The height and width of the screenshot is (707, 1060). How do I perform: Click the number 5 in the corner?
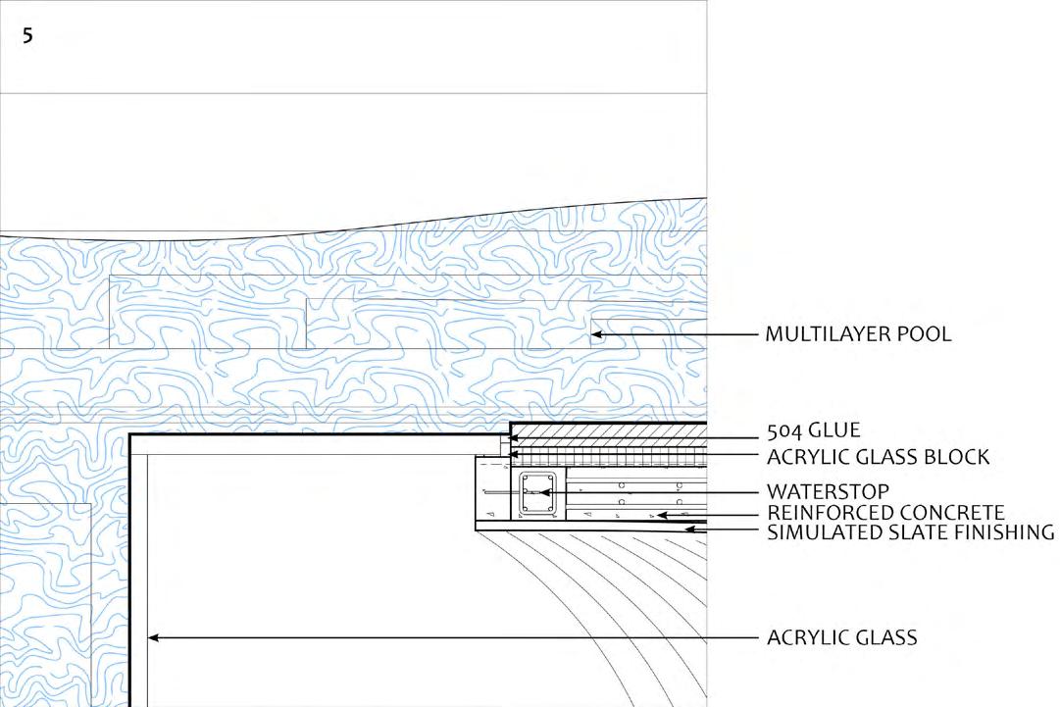tap(26, 37)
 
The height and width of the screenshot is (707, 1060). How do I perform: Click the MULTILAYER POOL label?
tap(859, 334)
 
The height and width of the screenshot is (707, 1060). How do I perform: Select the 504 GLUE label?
tap(814, 430)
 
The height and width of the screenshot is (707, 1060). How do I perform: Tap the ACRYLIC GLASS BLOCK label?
tap(879, 457)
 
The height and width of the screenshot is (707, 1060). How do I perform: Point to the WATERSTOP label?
tap(829, 491)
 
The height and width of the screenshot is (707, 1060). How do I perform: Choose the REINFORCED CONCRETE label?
tap(886, 513)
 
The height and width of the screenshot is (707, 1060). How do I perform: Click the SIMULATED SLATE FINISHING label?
tap(911, 532)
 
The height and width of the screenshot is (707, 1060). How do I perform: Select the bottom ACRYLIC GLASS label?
tap(842, 638)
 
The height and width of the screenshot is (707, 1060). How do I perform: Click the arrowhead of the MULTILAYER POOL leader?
tap(595, 335)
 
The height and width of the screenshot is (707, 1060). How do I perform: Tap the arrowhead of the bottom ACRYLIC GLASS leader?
tap(153, 638)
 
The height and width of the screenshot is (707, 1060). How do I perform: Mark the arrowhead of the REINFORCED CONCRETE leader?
tap(662, 514)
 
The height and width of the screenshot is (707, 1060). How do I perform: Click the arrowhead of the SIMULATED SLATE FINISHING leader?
tap(689, 530)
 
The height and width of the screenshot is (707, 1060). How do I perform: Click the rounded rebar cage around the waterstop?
tap(537, 494)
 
